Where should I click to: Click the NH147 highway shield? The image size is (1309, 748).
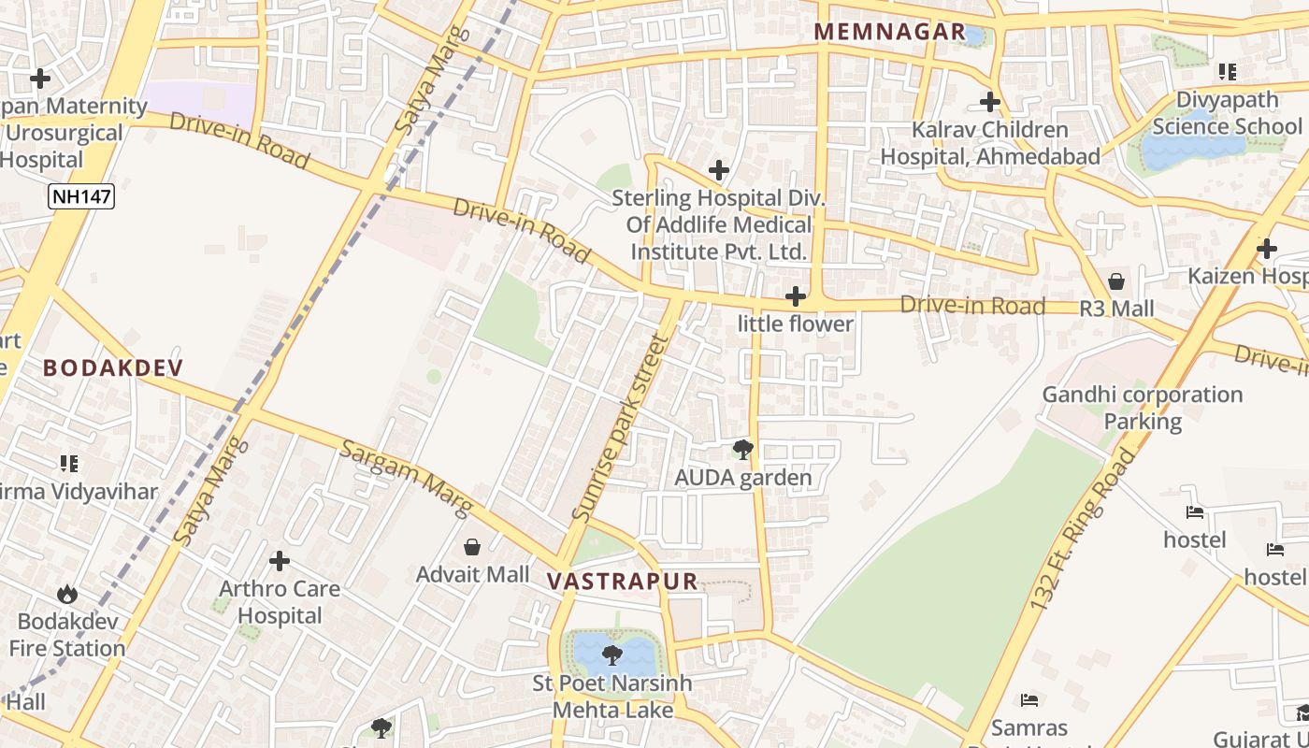pos(80,196)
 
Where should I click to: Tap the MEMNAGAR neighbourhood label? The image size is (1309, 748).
pos(889,32)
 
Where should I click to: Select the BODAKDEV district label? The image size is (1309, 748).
pos(113,367)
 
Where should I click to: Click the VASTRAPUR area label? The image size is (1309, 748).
pos(622,581)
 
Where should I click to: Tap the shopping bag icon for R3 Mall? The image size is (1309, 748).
pos(1116,281)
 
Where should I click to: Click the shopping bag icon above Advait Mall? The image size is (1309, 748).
pos(472,546)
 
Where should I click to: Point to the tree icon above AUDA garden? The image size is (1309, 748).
pos(743,451)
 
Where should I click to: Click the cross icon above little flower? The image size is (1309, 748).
pos(796,296)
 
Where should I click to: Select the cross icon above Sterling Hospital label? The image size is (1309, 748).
pos(718,170)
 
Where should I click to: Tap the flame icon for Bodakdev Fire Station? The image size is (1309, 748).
pos(66,594)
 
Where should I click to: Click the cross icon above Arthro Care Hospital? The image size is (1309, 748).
pos(279,561)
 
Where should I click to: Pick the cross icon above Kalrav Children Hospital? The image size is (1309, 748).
pos(990,101)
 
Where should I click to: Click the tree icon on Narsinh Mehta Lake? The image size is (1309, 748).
pos(612,654)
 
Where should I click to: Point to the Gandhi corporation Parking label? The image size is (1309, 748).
pos(1142,408)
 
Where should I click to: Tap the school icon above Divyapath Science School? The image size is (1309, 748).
pos(1227,72)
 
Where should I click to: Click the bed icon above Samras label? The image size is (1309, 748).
pos(1029,699)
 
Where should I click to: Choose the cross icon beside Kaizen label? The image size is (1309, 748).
pos(1267,249)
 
